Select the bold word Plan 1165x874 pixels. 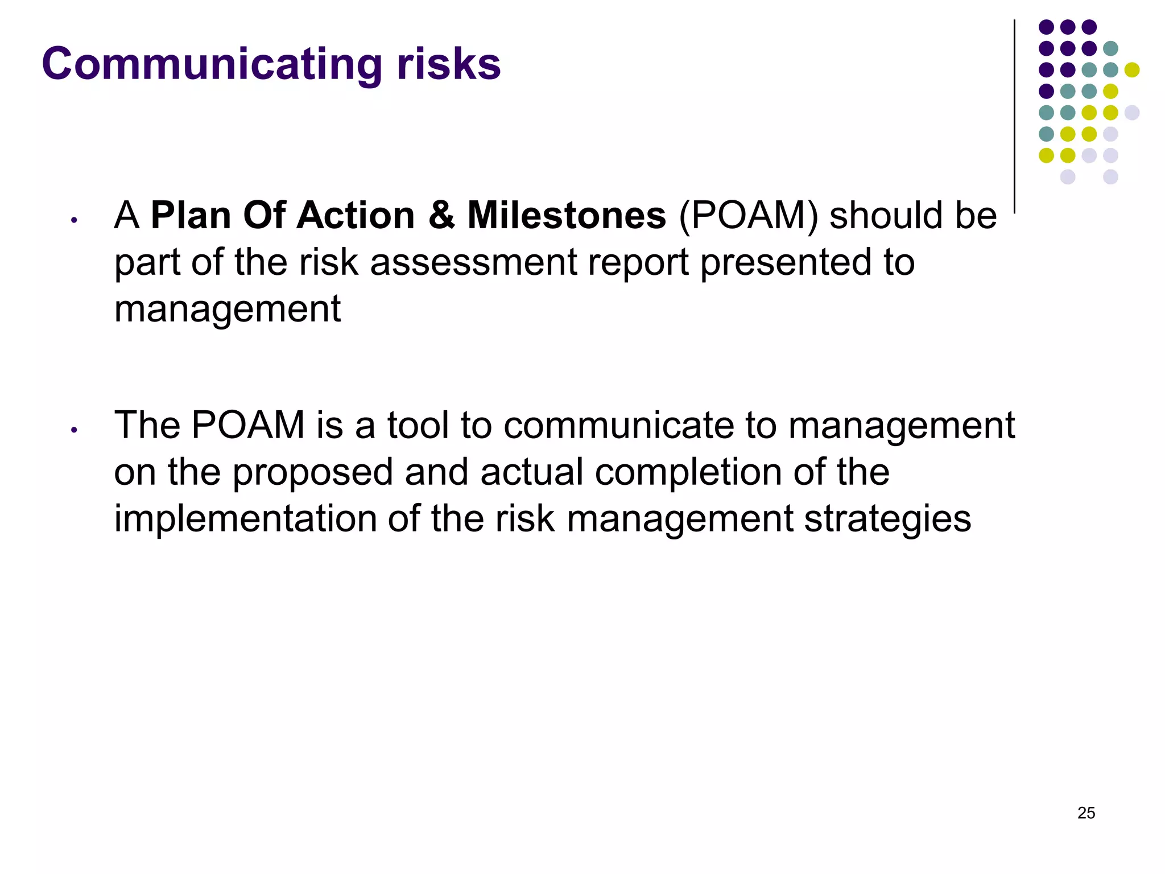[191, 216]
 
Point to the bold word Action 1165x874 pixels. [356, 216]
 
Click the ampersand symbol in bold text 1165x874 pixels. [441, 216]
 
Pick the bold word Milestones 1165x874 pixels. [567, 216]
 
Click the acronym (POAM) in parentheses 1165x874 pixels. [748, 216]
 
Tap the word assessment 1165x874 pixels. [473, 263]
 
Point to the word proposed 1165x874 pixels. [312, 473]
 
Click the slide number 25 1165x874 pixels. [1086, 813]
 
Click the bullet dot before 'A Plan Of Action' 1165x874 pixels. [73, 220]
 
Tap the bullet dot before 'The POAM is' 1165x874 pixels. [73, 430]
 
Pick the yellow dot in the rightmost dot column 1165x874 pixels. [1132, 70]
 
